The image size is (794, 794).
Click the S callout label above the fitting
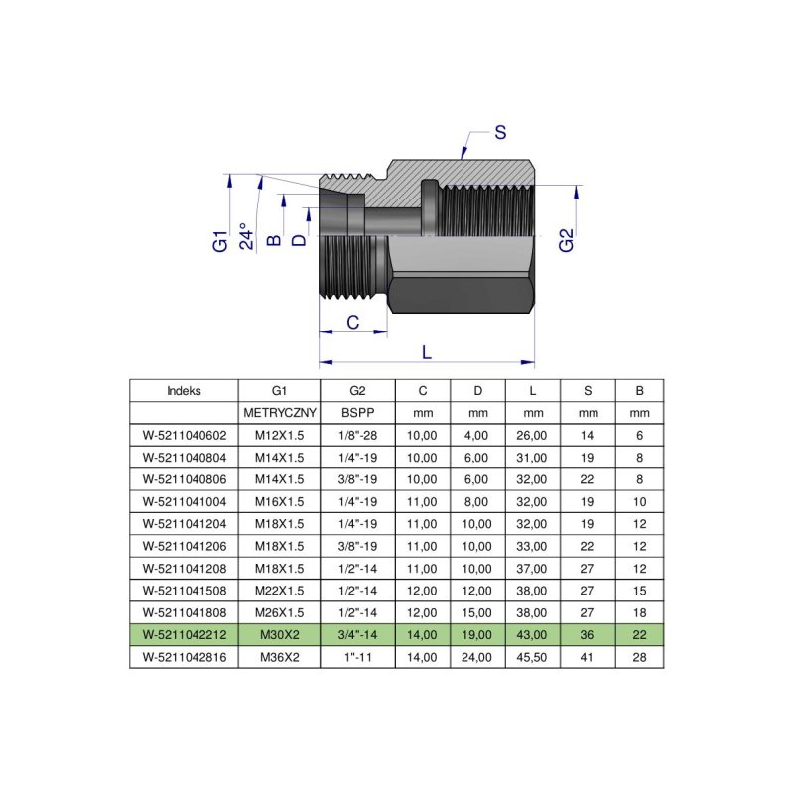click(500, 132)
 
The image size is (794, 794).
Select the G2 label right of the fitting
click(566, 240)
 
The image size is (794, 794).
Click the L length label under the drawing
click(427, 352)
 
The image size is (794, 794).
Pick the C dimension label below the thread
click(351, 321)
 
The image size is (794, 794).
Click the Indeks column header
click(184, 390)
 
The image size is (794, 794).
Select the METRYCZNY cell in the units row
click(279, 412)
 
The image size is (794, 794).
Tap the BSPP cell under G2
click(357, 412)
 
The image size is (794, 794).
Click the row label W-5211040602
click(184, 434)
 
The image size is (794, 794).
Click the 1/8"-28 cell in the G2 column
click(357, 434)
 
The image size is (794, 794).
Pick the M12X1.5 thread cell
click(279, 434)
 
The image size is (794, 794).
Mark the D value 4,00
click(477, 434)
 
